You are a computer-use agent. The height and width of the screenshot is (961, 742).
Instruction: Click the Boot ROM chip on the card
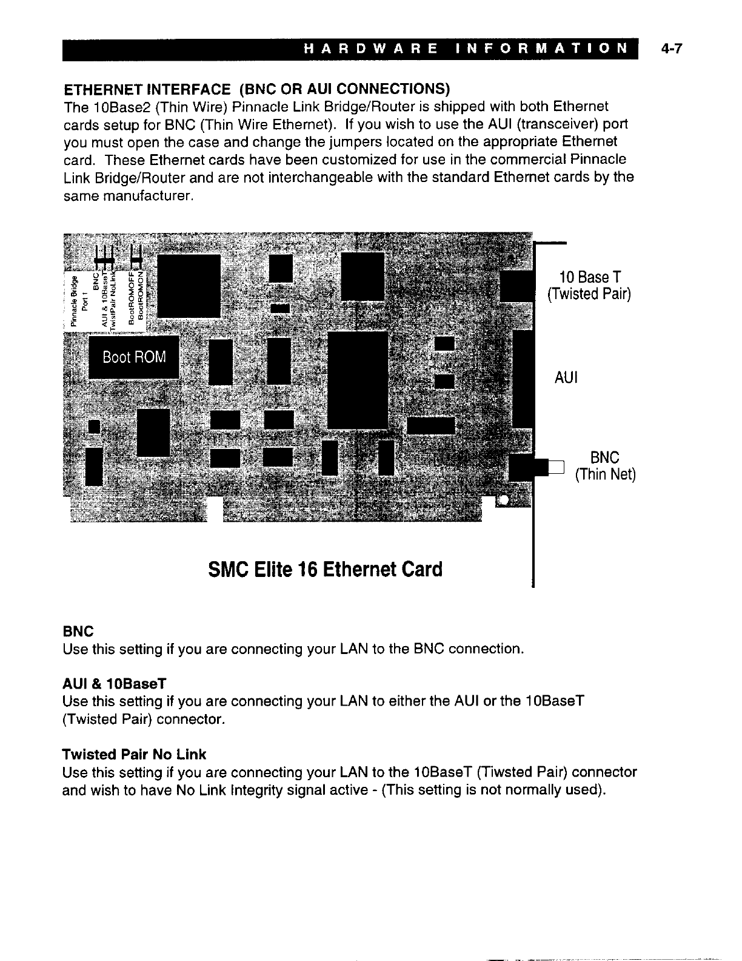(x=134, y=357)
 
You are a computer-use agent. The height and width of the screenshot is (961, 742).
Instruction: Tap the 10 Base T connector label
(x=589, y=278)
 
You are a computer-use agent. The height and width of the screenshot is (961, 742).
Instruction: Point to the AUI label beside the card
(x=566, y=377)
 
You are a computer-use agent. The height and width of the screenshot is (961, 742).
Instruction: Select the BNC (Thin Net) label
(x=604, y=465)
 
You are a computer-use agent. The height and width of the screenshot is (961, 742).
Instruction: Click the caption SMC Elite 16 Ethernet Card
(x=325, y=570)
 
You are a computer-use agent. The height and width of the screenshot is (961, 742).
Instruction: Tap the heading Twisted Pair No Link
(x=134, y=755)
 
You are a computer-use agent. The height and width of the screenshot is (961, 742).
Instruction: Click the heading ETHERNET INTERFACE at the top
(x=147, y=89)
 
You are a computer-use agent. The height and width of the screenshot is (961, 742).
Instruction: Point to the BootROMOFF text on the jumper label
(x=131, y=297)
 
